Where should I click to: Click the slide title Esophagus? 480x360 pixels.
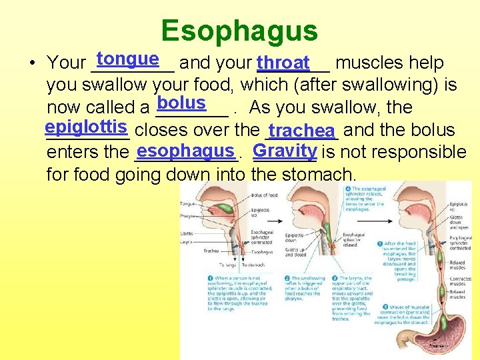[x=239, y=31]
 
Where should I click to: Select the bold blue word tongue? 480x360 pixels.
[x=127, y=59]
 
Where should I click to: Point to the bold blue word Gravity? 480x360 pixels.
[x=285, y=150]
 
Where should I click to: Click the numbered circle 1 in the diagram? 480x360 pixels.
[x=211, y=279]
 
